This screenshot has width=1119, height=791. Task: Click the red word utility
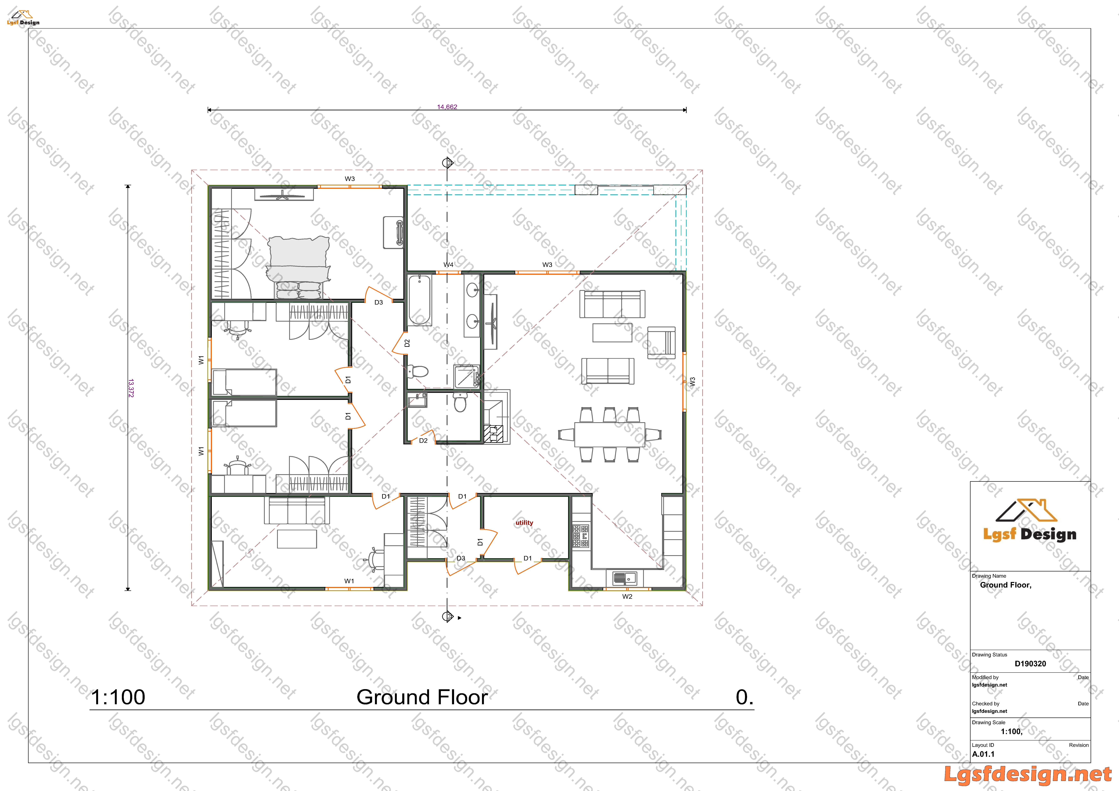point(524,522)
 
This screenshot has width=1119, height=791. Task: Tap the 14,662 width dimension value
point(447,107)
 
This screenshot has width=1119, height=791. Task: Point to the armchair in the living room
point(661,343)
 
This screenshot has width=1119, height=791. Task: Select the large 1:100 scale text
point(118,697)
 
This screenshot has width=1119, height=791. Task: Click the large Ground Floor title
point(422,697)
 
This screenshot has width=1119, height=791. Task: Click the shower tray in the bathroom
point(466,376)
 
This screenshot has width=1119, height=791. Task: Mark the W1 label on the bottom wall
point(349,581)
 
